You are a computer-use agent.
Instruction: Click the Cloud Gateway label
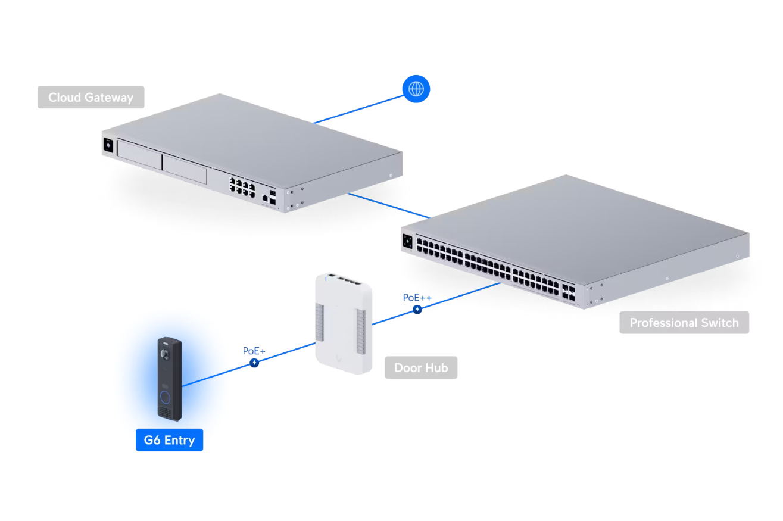pos(91,98)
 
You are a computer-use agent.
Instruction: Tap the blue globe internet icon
pos(416,89)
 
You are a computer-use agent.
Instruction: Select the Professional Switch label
pos(684,323)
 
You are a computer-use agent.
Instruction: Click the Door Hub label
pos(421,368)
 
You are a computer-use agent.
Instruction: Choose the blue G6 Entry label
pos(169,440)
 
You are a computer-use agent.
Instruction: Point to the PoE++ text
pos(417,297)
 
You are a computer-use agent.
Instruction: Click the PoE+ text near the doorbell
pos(254,351)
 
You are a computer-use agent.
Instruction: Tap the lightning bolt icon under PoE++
pos(417,309)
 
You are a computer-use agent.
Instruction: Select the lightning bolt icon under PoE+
pos(254,363)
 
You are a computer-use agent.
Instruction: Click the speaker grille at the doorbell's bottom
pos(165,412)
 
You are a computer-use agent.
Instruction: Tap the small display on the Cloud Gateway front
pos(108,145)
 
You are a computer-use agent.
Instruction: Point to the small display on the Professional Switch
pos(408,241)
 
